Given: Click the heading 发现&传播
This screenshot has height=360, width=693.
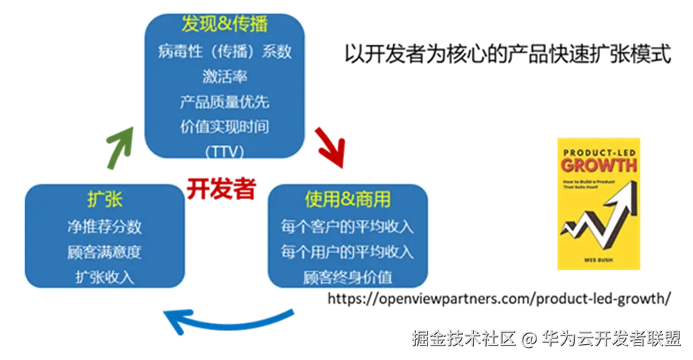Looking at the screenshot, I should pos(224,25).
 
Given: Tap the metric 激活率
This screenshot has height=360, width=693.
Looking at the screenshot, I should pos(224,76).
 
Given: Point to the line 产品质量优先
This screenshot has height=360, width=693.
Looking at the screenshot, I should pos(224,102).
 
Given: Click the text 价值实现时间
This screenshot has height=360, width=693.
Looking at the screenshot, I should pos(224,127).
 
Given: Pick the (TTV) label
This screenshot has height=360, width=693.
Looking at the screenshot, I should pos(224,152).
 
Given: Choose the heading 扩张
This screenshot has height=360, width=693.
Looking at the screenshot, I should pos(104,199).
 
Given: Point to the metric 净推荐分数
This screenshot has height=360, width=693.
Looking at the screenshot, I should pos(104,227).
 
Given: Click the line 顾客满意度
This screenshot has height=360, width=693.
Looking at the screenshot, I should pos(104,252).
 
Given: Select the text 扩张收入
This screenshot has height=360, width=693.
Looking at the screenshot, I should pos(104,278).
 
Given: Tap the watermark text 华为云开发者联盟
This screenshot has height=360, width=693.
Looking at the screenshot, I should pos(611,338).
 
